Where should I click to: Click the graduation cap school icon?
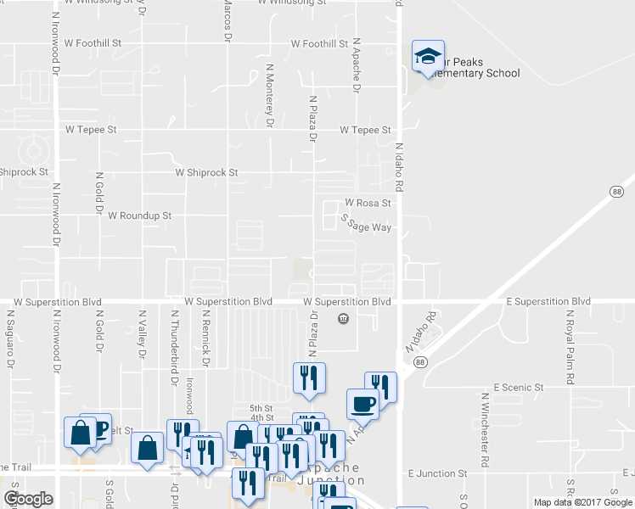pyautogui.click(x=427, y=58)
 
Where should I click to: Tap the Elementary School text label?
pyautogui.click(x=475, y=74)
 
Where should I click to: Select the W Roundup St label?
pyautogui.click(x=140, y=216)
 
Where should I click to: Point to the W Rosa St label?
pyautogui.click(x=368, y=204)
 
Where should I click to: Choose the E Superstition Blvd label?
pyautogui.click(x=548, y=302)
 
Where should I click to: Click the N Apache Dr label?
pyautogui.click(x=357, y=64)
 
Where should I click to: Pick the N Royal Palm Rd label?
pyautogui.click(x=569, y=338)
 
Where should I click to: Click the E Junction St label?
pyautogui.click(x=438, y=473)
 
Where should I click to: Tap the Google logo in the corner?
pyautogui.click(x=28, y=499)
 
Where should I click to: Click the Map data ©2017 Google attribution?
pyautogui.click(x=582, y=502)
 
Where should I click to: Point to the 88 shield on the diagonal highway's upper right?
pyautogui.click(x=615, y=193)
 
